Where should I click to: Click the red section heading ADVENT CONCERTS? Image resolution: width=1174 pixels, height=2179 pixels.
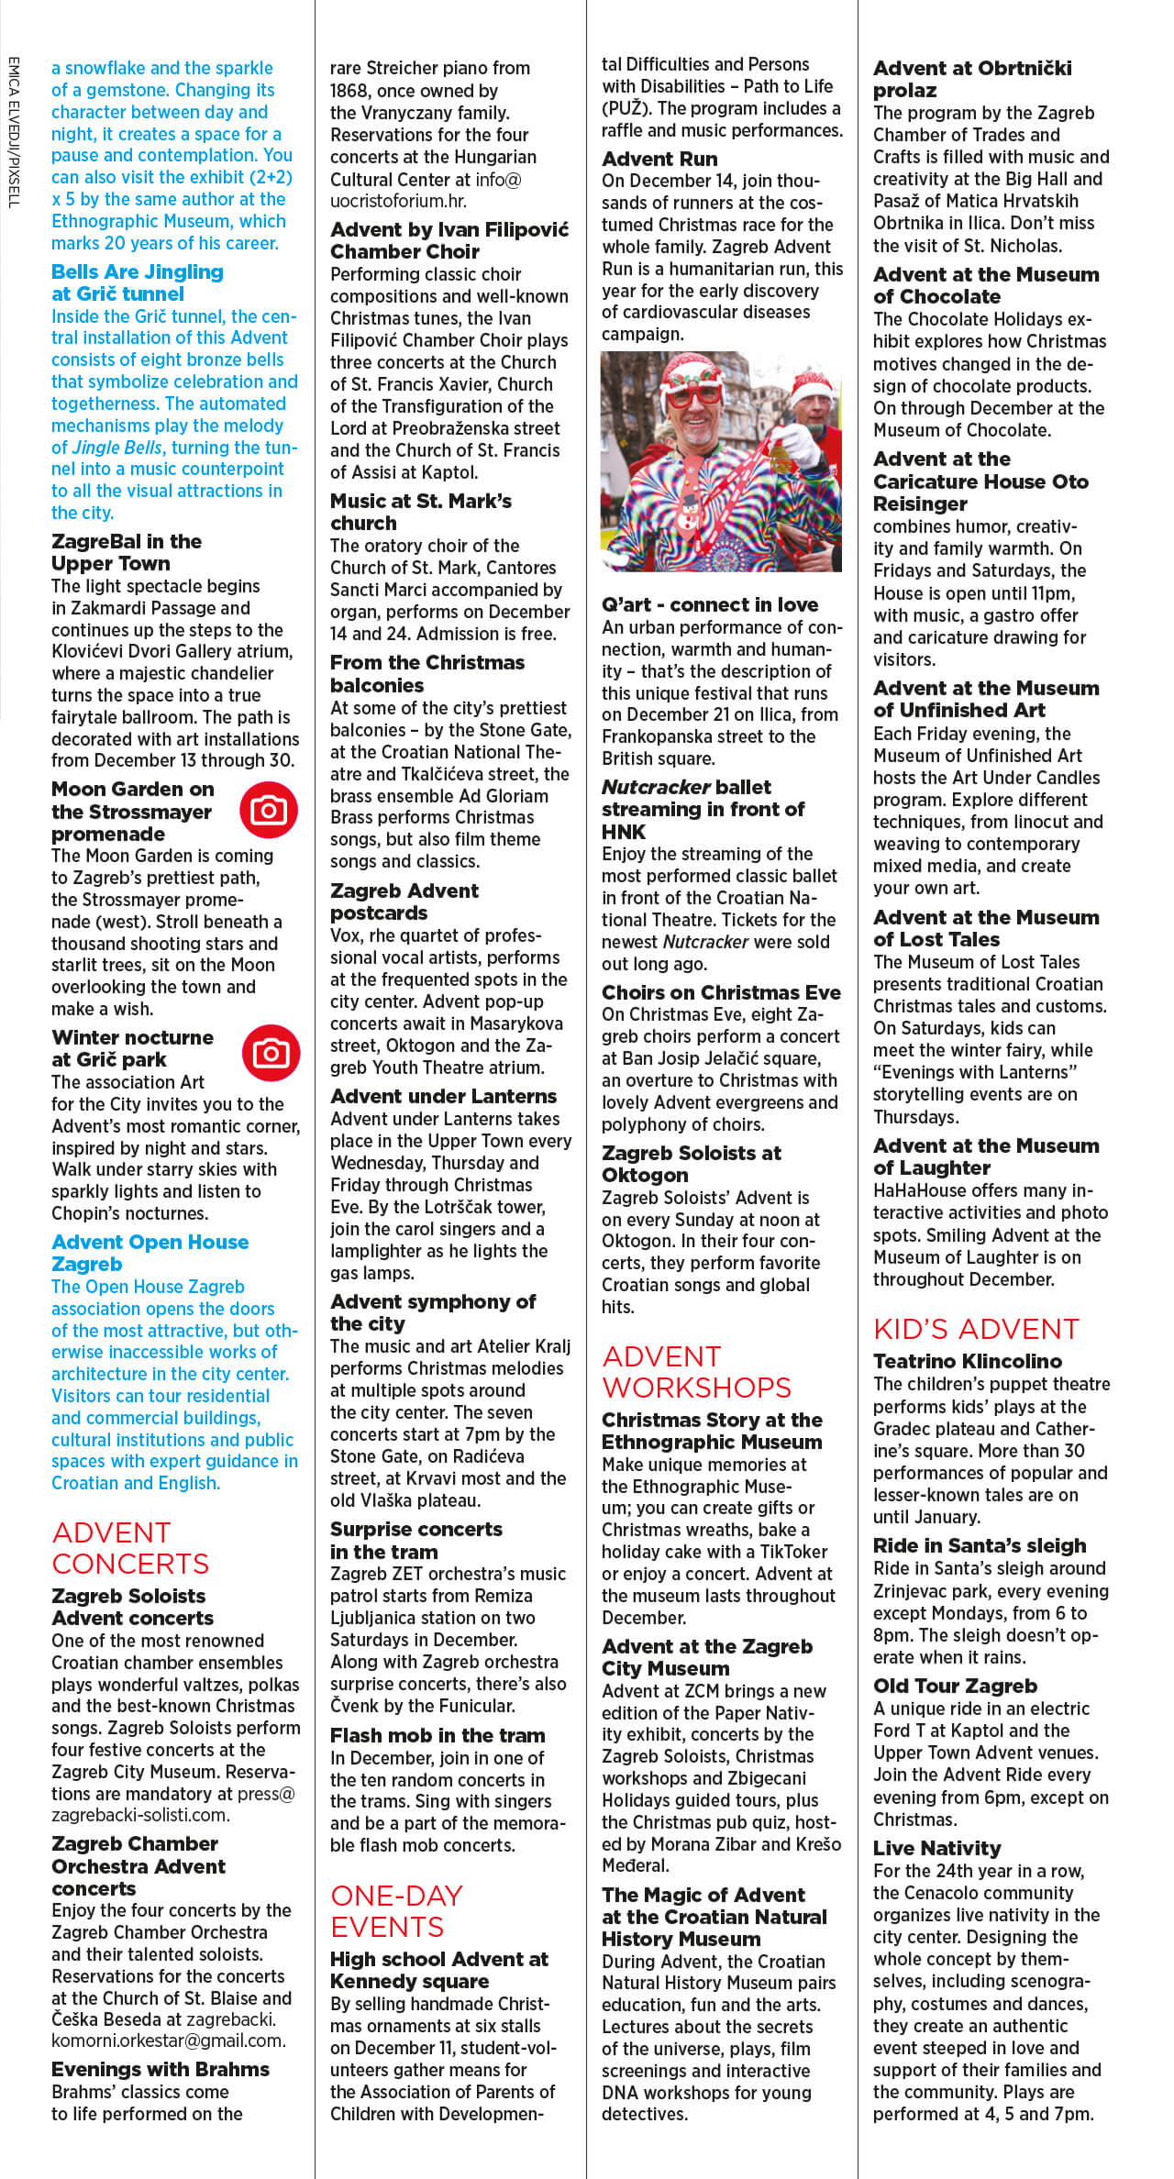(x=130, y=1547)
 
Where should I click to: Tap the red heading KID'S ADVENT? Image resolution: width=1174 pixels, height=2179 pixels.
(x=976, y=1329)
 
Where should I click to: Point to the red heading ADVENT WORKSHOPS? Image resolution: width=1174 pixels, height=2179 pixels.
(x=696, y=1371)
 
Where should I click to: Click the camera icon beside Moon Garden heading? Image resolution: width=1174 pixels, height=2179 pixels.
(x=269, y=810)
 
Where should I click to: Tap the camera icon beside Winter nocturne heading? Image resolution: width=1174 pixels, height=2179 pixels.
(x=271, y=1052)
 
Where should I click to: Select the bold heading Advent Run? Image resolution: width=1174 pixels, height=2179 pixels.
(x=659, y=159)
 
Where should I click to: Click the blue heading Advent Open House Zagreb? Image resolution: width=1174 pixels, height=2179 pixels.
(x=150, y=1253)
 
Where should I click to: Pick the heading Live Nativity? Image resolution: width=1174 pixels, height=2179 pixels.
(x=936, y=1848)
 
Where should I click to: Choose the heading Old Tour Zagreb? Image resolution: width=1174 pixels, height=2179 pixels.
(x=955, y=1686)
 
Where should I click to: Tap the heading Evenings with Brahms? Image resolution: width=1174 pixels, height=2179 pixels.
(x=161, y=2069)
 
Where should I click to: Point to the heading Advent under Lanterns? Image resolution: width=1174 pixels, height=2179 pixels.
(x=443, y=1096)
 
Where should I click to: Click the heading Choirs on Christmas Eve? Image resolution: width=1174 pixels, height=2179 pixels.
(x=721, y=992)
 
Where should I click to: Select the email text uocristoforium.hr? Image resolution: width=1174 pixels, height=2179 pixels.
(x=398, y=201)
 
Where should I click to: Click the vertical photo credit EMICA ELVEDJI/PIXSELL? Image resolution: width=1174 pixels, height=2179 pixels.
(x=13, y=132)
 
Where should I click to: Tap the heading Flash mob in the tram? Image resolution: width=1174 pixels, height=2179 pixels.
(x=437, y=1735)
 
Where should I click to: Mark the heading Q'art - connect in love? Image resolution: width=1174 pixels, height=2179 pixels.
(x=710, y=604)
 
